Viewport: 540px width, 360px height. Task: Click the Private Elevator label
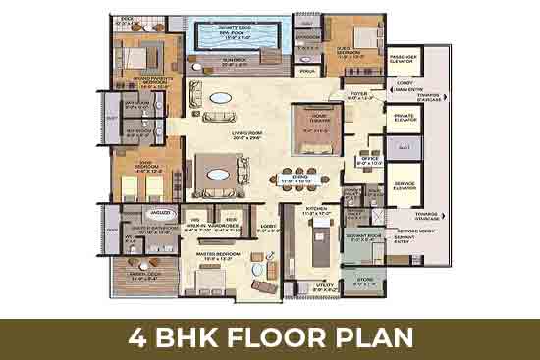pyautogui.click(x=403, y=120)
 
